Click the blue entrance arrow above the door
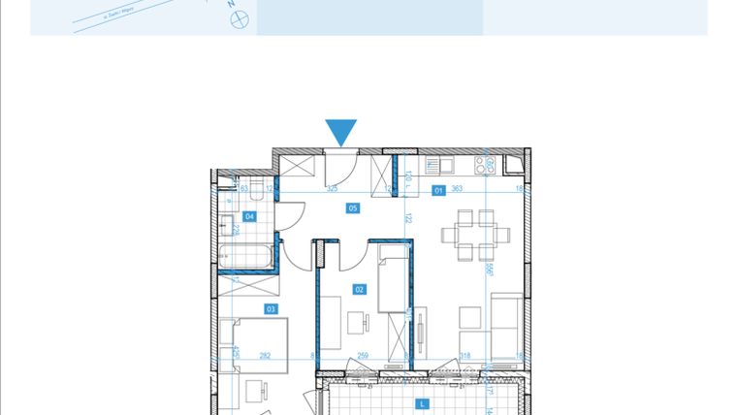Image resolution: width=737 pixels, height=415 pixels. pos(341,133)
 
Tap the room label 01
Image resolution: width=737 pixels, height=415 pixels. pos(439,191)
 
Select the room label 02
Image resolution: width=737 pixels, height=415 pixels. pos(359,289)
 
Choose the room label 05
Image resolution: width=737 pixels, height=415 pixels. pos(353,207)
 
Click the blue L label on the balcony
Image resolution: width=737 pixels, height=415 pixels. pos(422,404)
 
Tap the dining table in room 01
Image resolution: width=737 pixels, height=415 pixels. pos(475,236)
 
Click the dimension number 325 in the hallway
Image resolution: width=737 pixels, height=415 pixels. pos(332,189)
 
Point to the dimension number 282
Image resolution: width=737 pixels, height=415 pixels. pos(265,357)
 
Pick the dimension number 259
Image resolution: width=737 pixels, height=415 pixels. pos(362,357)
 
